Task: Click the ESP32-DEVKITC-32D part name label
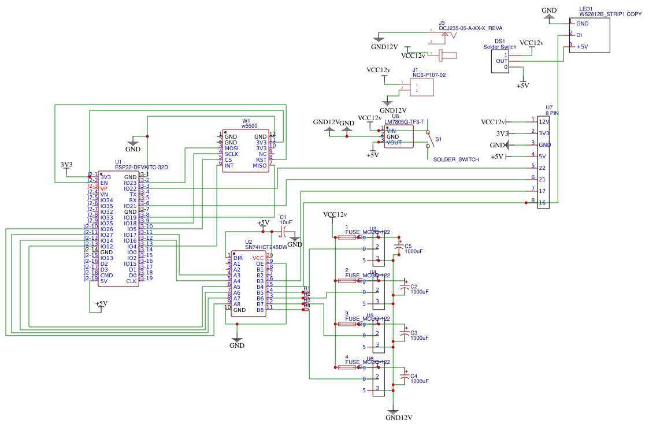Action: [141, 167]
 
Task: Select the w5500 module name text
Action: [249, 125]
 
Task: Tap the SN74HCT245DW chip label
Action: [266, 247]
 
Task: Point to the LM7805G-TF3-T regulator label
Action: [404, 122]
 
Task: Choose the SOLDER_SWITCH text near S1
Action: [456, 159]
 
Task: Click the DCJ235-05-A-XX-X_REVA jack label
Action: [470, 28]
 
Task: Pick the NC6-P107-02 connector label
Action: [429, 75]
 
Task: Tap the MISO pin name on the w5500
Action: [259, 166]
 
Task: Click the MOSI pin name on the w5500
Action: [232, 148]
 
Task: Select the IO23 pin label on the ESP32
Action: [130, 183]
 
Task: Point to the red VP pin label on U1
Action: [104, 189]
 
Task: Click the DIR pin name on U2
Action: [238, 258]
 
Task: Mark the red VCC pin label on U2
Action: [258, 258]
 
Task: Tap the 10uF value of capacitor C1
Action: [286, 222]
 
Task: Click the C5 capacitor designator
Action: [408, 246]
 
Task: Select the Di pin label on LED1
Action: [579, 35]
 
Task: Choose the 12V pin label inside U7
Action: [544, 121]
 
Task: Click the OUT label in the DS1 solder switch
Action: [502, 61]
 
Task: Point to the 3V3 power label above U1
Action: [66, 165]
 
